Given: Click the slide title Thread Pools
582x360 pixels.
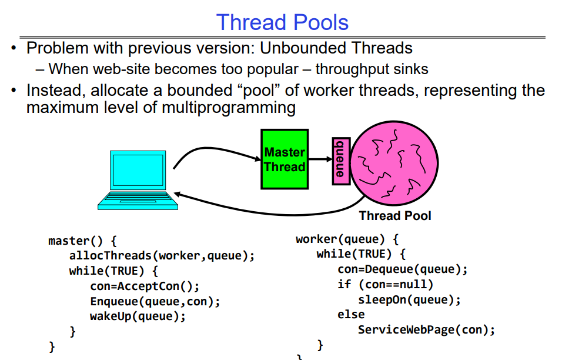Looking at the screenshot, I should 282,22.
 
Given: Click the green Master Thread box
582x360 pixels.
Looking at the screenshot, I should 285,159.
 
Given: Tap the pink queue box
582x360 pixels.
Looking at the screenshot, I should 340,161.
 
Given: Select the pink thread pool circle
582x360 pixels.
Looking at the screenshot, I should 395,161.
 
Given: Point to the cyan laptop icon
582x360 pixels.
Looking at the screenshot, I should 135,180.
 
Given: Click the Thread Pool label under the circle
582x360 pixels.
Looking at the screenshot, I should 395,216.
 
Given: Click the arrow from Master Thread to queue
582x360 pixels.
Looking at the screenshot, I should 320,159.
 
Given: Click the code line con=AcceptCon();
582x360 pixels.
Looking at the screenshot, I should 145,286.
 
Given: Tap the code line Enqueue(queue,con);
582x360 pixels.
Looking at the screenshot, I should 155,301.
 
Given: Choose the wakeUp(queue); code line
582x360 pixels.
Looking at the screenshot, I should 138,316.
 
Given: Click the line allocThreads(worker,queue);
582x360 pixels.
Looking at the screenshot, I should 162,256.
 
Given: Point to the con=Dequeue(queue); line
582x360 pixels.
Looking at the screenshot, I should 402,269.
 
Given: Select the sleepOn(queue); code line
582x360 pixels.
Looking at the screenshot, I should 409,299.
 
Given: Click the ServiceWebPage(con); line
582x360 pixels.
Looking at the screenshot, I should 426,329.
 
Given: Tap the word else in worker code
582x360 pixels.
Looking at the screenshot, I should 351,314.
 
